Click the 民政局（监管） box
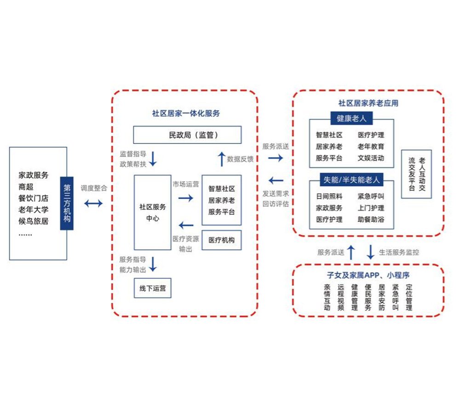click(x=187, y=135)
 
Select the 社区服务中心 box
click(x=153, y=212)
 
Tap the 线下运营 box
click(x=153, y=289)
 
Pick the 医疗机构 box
click(x=222, y=240)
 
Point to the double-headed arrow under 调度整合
click(x=94, y=203)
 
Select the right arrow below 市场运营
click(x=186, y=198)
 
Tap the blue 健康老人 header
click(x=351, y=119)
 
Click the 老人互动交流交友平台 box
click(x=416, y=174)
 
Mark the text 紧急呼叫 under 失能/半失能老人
click(x=371, y=196)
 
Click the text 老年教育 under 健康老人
click(x=371, y=147)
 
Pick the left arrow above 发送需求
click(x=276, y=180)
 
